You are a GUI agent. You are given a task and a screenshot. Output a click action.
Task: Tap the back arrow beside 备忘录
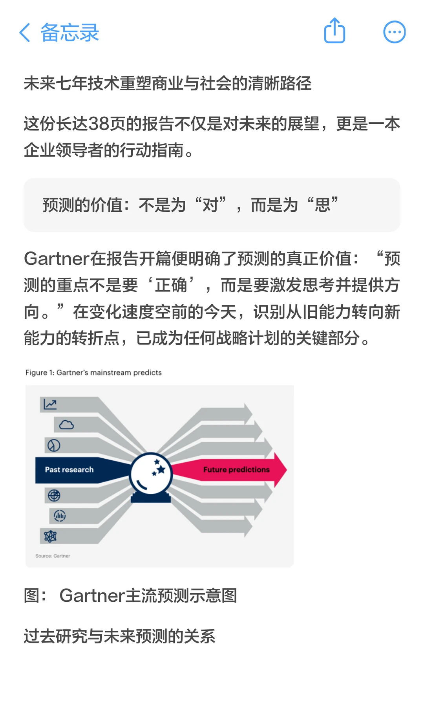point(24,32)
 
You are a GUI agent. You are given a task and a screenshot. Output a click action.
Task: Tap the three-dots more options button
point(394,32)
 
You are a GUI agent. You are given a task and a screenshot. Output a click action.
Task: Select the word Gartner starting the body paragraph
point(57,259)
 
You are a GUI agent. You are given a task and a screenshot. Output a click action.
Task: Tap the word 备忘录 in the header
point(69,32)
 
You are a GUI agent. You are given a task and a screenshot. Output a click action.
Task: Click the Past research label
point(69,470)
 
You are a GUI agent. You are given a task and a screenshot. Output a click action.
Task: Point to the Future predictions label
point(236,470)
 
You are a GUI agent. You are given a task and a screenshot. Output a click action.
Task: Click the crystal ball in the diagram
point(151,474)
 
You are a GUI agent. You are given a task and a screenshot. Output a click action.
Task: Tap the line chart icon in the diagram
point(50,404)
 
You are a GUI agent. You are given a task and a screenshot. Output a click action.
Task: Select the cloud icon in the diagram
point(66,425)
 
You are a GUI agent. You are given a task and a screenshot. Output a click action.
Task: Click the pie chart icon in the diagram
point(54,445)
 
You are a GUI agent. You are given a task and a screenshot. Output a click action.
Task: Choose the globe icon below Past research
point(54,496)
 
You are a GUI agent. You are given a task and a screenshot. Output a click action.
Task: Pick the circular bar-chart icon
point(60,515)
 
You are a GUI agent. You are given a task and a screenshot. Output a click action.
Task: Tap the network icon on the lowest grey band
point(50,536)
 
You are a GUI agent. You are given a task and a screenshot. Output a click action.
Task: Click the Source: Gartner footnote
point(53,556)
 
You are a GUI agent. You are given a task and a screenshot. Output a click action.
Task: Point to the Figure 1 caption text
point(93,372)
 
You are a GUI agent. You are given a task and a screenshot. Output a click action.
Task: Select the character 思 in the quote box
point(323,205)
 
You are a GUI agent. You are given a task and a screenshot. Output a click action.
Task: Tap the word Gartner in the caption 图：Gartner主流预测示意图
point(92,595)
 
